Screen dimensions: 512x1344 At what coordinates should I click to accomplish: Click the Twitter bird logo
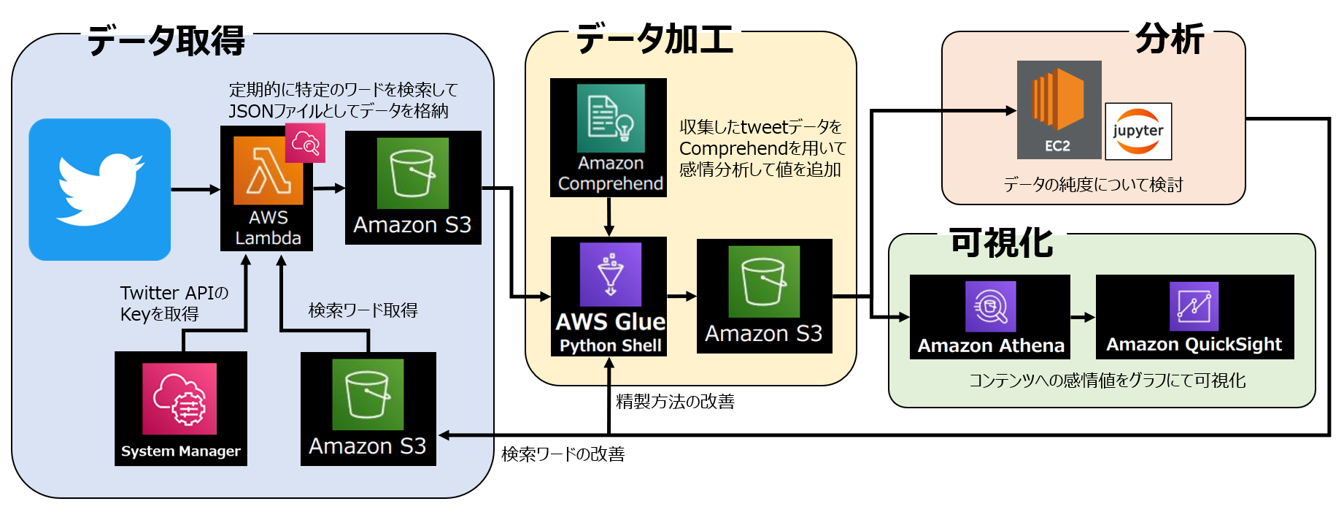point(100,189)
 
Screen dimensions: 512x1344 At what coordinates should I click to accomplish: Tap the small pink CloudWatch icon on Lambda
point(305,143)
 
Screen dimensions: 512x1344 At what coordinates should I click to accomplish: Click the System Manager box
point(180,408)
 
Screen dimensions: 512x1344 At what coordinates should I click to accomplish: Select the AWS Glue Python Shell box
point(609,296)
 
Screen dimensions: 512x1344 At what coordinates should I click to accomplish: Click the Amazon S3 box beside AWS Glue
point(764,296)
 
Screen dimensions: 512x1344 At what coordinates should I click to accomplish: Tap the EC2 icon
point(1059,110)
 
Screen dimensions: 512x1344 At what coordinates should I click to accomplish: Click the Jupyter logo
point(1138,131)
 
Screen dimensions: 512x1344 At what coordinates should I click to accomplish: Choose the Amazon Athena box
point(989,316)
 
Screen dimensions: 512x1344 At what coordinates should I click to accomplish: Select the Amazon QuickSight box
point(1194,316)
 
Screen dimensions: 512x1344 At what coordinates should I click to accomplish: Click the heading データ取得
point(166,40)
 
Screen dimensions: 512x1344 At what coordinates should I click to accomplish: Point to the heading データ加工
point(654,38)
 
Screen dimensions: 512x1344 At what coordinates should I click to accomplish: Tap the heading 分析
point(1169,38)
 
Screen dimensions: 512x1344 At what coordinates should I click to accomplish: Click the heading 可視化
point(1001,242)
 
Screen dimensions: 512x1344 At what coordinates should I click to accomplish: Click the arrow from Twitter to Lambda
point(195,189)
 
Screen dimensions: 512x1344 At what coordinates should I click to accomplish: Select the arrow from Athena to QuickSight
point(1083,317)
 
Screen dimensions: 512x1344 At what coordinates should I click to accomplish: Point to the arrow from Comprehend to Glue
point(609,216)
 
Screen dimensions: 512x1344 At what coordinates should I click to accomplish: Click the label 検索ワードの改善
point(563,454)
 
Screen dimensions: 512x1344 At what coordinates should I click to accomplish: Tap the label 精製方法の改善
point(675,401)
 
